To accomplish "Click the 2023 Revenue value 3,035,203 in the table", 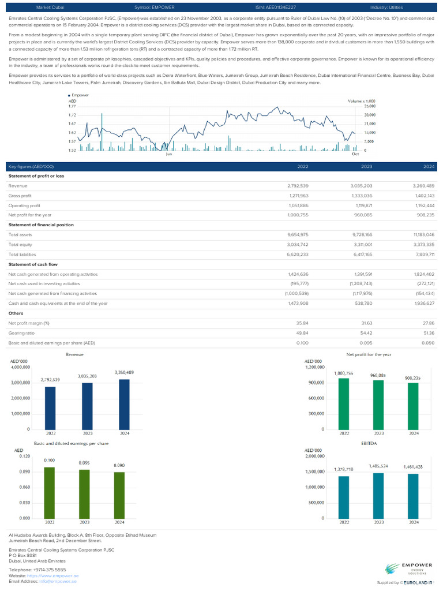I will (x=361, y=186).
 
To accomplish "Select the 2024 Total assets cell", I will (x=424, y=235).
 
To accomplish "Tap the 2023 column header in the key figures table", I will (x=366, y=166).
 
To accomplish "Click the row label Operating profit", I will (x=24, y=205).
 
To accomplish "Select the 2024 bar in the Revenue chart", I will (x=123, y=404).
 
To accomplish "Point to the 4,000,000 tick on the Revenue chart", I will (x=20, y=367).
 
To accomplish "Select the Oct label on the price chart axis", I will (x=355, y=155).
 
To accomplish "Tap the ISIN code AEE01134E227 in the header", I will (x=276, y=8).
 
